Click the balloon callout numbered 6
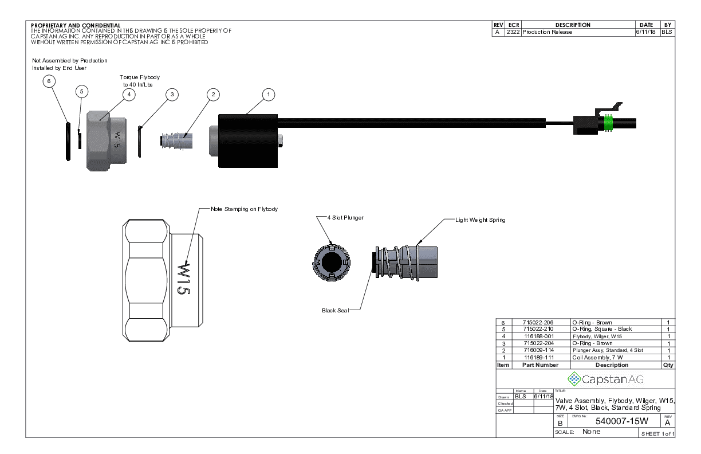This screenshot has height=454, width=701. (x=49, y=81)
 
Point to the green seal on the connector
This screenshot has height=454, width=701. (x=609, y=124)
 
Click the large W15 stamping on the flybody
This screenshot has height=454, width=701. (x=183, y=279)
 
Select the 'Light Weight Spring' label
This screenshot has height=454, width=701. (x=480, y=220)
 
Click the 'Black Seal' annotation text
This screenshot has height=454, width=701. (x=335, y=311)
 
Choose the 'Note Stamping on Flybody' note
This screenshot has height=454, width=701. (x=244, y=209)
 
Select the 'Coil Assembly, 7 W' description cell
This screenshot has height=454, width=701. (x=597, y=357)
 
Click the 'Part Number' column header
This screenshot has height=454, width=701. (x=540, y=365)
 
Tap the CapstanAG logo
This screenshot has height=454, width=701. (x=605, y=378)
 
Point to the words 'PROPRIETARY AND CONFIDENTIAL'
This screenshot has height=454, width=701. (x=76, y=25)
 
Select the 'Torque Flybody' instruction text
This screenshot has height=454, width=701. (x=140, y=77)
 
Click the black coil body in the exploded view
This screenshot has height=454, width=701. (x=247, y=141)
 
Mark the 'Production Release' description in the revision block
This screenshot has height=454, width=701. (x=547, y=32)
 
